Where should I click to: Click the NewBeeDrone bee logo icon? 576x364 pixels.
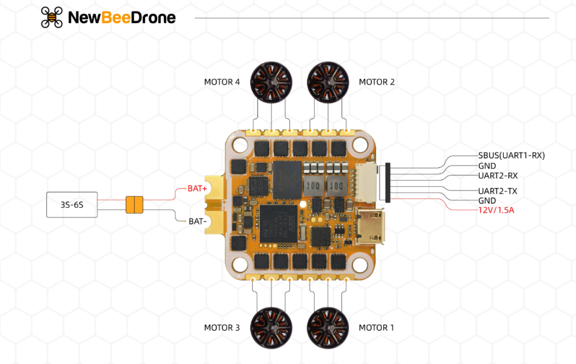click(52, 17)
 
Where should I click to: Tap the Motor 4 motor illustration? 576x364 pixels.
click(271, 82)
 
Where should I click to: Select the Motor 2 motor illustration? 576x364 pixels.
click(328, 82)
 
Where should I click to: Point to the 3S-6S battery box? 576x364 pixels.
click(72, 205)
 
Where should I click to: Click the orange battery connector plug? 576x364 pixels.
click(134, 205)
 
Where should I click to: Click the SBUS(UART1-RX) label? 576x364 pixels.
click(511, 155)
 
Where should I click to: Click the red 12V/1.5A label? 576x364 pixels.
click(496, 210)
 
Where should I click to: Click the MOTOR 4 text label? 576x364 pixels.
click(222, 82)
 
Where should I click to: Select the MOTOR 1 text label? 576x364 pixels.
click(377, 328)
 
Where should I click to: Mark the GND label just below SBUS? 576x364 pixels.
click(487, 166)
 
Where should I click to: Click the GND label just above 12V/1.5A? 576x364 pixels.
click(487, 200)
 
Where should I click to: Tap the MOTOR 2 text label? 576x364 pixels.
click(377, 82)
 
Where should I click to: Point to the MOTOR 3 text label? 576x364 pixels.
click(222, 328)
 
